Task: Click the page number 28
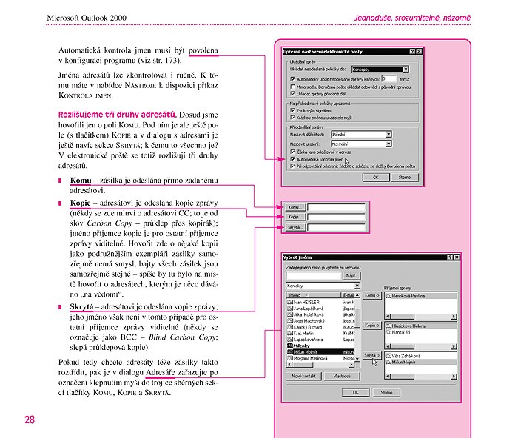pyautogui.click(x=29, y=420)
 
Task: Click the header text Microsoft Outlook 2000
pyautogui.click(x=88, y=16)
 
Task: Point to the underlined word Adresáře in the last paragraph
pyautogui.click(x=167, y=373)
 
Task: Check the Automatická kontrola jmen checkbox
pyautogui.click(x=293, y=158)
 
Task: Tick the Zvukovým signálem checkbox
pyautogui.click(x=293, y=110)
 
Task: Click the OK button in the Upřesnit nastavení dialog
pyautogui.click(x=377, y=178)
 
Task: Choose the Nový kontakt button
pyautogui.click(x=304, y=377)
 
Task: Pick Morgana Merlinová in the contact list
pyautogui.click(x=312, y=360)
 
